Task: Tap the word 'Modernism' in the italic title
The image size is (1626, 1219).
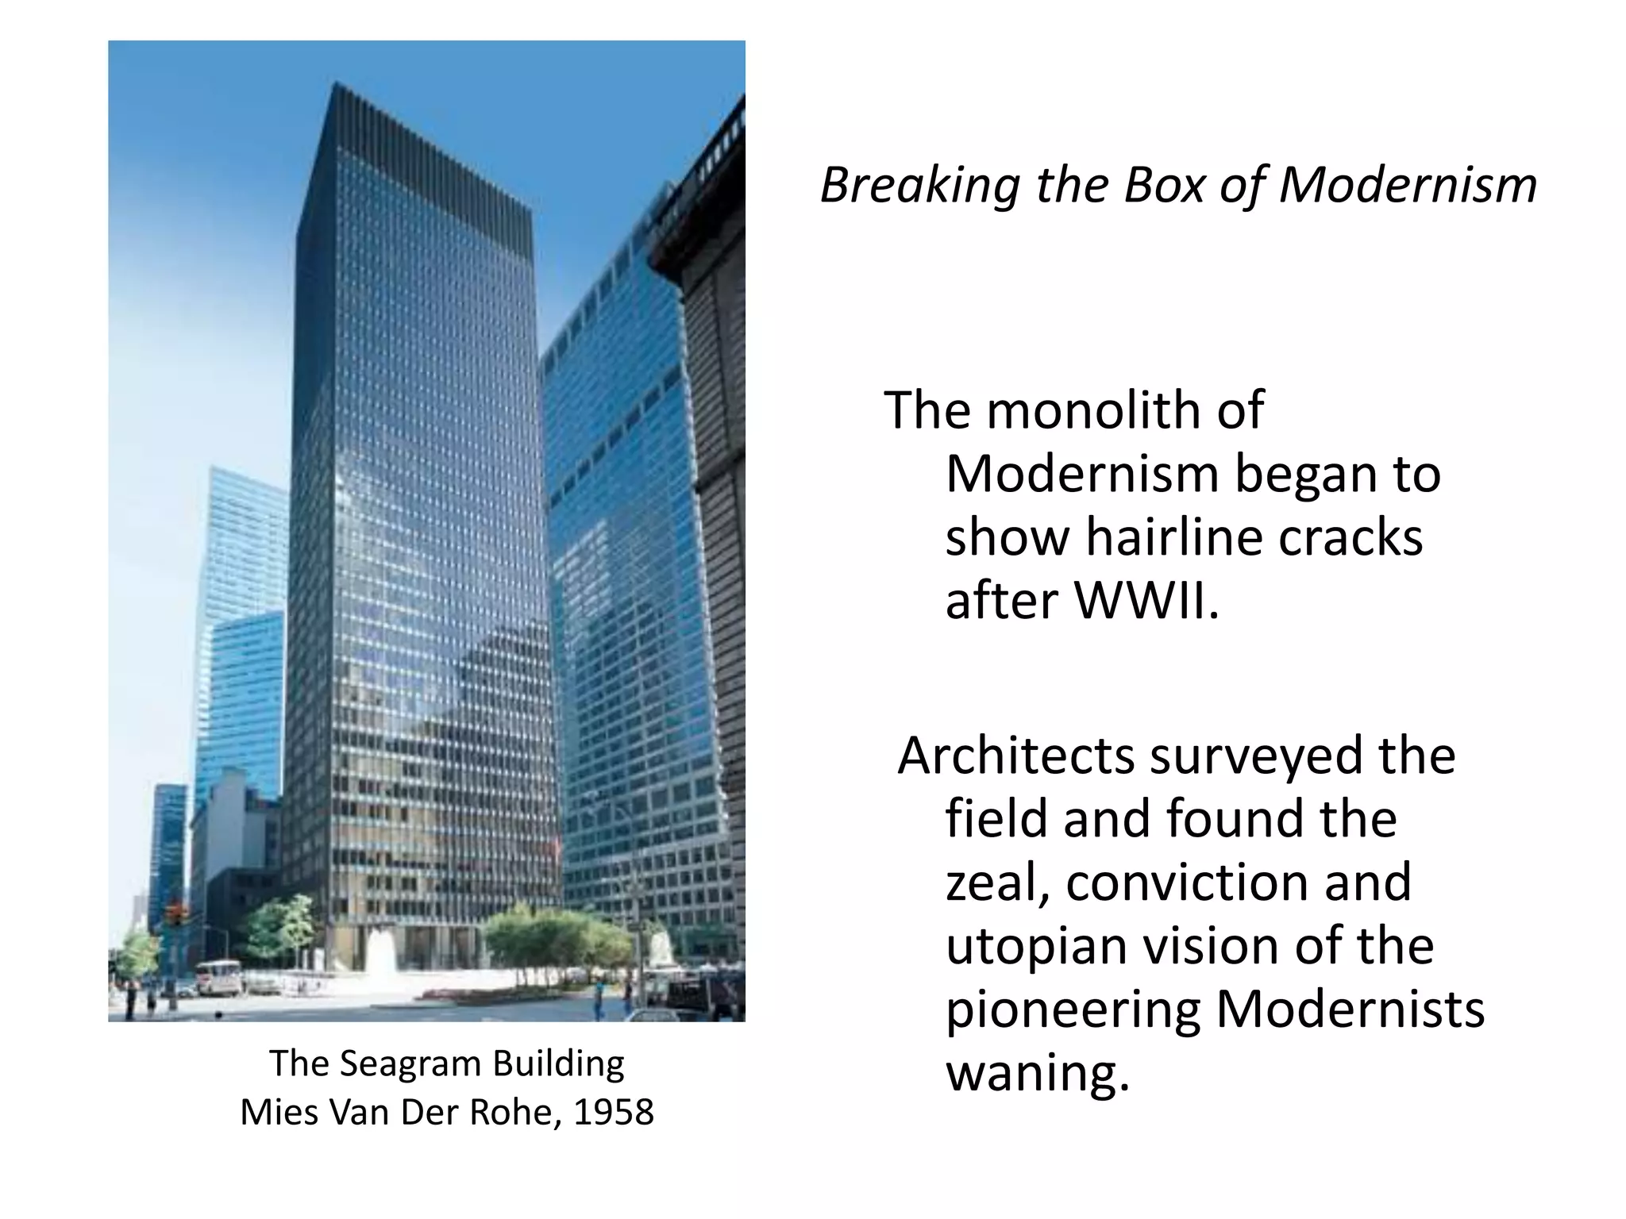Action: click(x=1408, y=186)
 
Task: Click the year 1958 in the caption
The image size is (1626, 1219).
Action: click(x=614, y=1113)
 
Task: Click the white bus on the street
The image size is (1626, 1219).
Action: click(x=218, y=977)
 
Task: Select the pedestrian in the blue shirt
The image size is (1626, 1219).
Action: click(x=599, y=995)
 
